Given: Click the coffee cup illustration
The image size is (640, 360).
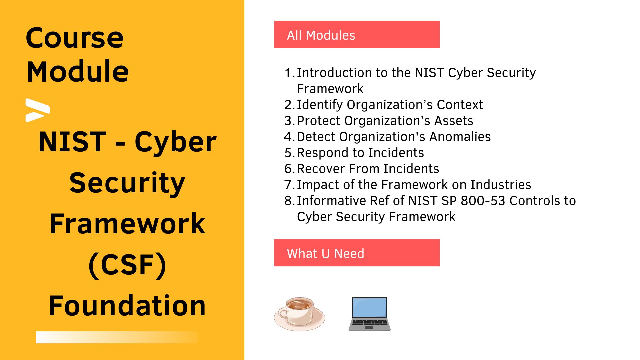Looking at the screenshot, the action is coord(299,314).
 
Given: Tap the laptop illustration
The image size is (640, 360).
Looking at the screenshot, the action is coord(369,314).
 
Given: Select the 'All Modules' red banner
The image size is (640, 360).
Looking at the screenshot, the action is coord(357,34).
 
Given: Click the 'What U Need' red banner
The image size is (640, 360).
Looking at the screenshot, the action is coord(357,253).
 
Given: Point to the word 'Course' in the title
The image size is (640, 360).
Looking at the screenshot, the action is coord(75,38).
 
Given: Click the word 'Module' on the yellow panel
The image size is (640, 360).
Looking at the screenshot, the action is coord(78,71).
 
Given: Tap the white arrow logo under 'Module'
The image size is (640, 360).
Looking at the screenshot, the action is coord(38,110).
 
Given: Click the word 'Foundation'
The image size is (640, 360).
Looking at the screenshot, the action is coord(127,305).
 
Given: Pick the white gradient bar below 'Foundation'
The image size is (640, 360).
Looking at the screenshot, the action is coord(117,337).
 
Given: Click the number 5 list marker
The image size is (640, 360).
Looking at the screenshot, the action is coord(289,153).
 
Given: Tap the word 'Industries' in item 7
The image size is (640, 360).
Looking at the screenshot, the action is coord(501,185).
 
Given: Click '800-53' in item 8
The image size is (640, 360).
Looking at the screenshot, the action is coord(483,201).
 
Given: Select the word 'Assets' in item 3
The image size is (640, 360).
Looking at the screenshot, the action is coord(454,121).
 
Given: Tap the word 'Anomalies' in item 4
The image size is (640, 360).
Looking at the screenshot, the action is coord(460,137).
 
